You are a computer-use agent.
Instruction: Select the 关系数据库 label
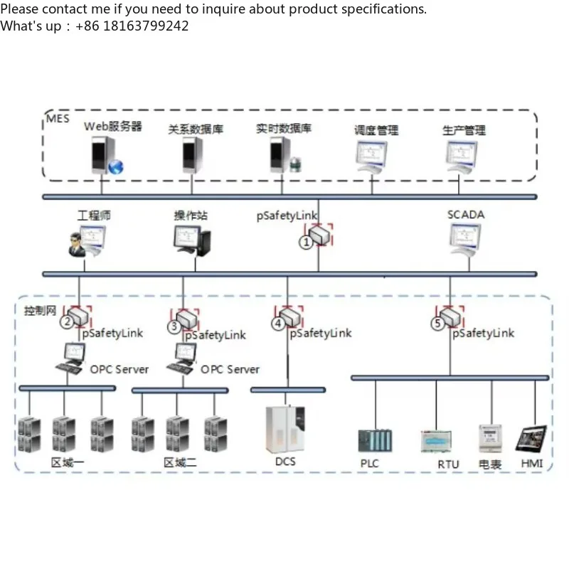pos(196,129)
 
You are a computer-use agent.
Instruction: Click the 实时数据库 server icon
pos(283,156)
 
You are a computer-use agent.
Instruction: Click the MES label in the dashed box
pos(58,118)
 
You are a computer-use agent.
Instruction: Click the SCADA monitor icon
pos(465,240)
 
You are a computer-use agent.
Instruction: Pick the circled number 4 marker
pos(278,324)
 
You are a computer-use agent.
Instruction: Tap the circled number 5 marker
pos(437,324)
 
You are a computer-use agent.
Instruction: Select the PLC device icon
pos(374,440)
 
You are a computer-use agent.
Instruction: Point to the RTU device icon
pos(436,442)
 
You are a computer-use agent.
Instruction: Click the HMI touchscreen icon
pos(531,439)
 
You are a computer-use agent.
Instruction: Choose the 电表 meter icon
pos(490,439)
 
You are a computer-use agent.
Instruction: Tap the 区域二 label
pos(180,462)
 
